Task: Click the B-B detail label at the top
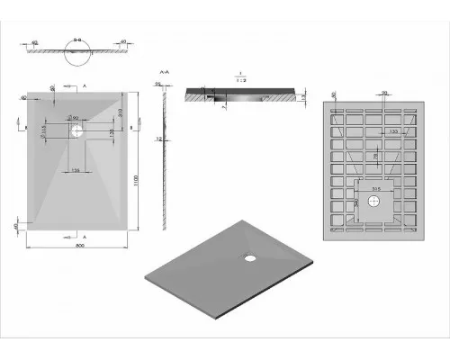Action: pyautogui.click(x=77, y=40)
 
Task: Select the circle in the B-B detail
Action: pyautogui.click(x=76, y=57)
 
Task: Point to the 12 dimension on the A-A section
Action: pyautogui.click(x=157, y=139)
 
